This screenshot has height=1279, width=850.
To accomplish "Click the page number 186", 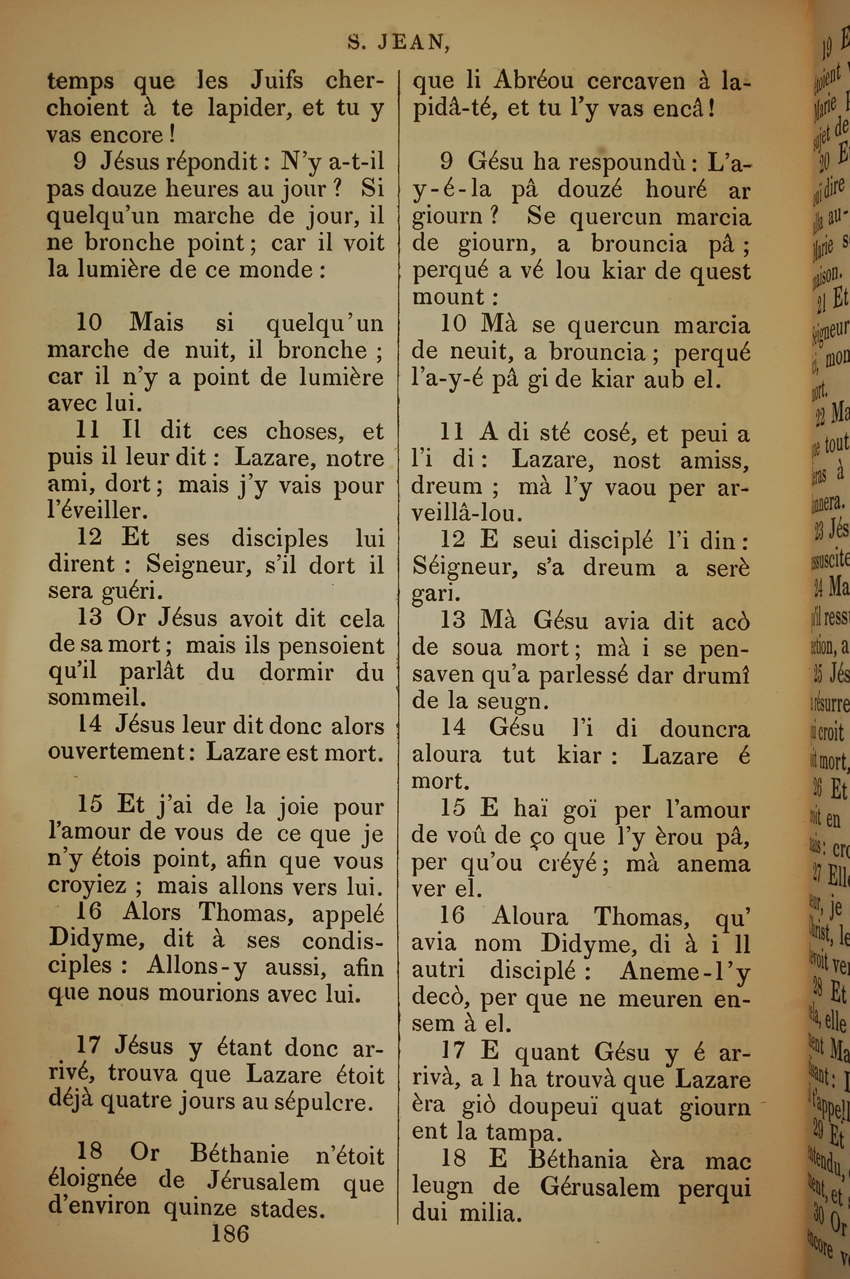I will (230, 1234).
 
